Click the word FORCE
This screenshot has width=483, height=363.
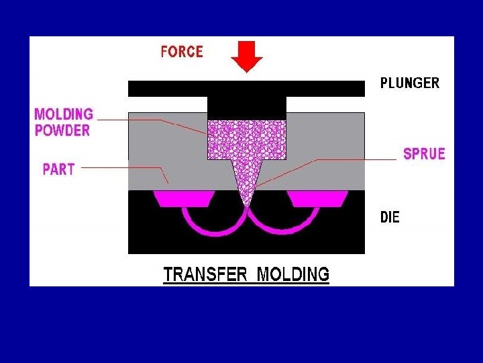(x=182, y=52)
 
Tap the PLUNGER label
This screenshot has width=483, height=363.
(x=410, y=83)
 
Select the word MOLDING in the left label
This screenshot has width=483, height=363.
(x=64, y=114)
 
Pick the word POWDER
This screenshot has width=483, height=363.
(x=62, y=130)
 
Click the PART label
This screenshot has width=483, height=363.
(x=58, y=169)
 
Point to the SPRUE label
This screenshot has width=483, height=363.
(x=424, y=154)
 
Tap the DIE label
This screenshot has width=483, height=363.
(x=390, y=218)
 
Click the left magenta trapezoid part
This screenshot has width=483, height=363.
(x=184, y=198)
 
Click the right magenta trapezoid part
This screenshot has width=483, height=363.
(x=317, y=198)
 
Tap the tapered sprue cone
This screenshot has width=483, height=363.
(x=247, y=178)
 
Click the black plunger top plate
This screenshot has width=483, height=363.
(x=168, y=88)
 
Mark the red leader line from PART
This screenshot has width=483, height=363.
(x=121, y=168)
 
